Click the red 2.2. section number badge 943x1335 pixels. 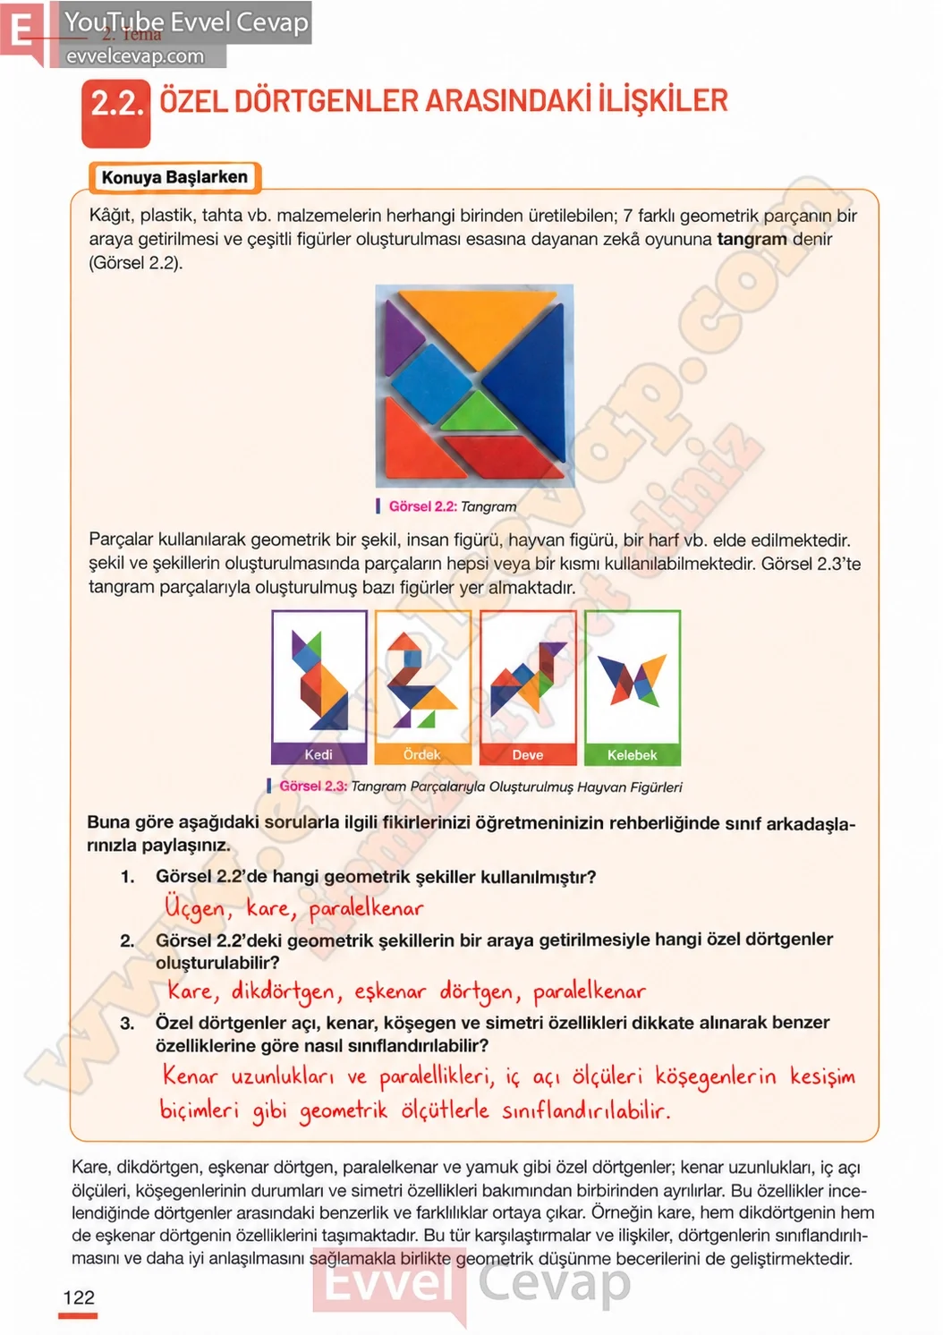pyautogui.click(x=115, y=113)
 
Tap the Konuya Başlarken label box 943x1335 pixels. pyautogui.click(x=174, y=177)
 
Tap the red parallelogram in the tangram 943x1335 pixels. pyautogui.click(x=505, y=456)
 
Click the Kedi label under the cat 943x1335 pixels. pyautogui.click(x=319, y=754)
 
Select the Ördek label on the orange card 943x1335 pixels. pyautogui.click(x=422, y=754)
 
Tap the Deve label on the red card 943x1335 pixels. pyautogui.click(x=528, y=755)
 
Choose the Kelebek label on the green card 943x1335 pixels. pyautogui.click(x=632, y=755)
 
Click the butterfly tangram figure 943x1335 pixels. pyautogui.click(x=633, y=678)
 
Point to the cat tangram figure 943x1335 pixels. pyautogui.click(x=319, y=679)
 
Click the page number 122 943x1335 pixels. pyautogui.click(x=79, y=1297)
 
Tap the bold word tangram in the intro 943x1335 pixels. pyautogui.click(x=752, y=239)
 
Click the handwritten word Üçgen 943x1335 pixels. pyautogui.click(x=195, y=907)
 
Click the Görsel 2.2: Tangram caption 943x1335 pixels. pyautogui.click(x=446, y=506)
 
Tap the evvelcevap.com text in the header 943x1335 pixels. pyautogui.click(x=135, y=56)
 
